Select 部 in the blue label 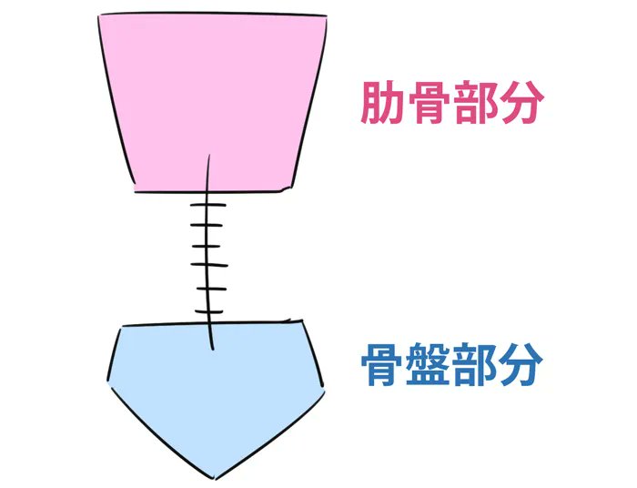tap(475, 366)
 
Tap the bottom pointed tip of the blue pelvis tap(216, 477)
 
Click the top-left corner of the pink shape tap(99, 16)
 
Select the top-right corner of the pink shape tap(325, 15)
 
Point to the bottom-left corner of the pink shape tap(136, 190)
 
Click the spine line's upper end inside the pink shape tap(210, 157)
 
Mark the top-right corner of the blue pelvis tap(303, 321)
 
